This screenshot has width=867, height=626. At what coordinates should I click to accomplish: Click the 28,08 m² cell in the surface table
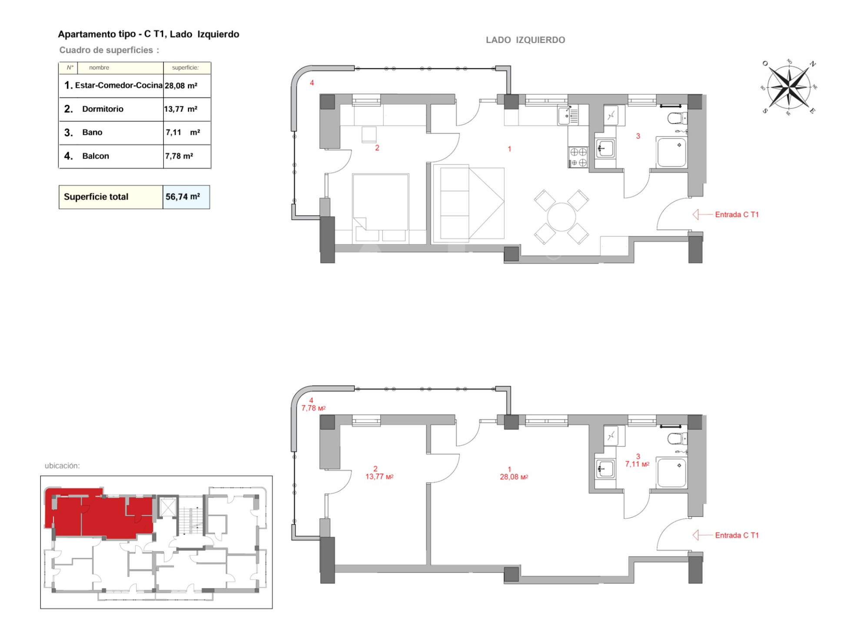pyautogui.click(x=181, y=86)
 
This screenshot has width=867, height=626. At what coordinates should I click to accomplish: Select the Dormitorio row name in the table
pyautogui.click(x=103, y=109)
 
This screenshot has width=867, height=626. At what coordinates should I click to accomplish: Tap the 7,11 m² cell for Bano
pyautogui.click(x=183, y=132)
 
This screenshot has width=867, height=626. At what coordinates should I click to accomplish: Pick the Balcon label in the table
pyautogui.click(x=96, y=156)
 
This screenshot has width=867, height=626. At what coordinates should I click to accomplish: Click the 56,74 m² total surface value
pyautogui.click(x=183, y=196)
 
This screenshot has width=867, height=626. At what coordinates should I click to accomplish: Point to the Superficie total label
pyautogui.click(x=96, y=196)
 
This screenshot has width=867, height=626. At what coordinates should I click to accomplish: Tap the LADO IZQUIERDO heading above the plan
pyautogui.click(x=525, y=40)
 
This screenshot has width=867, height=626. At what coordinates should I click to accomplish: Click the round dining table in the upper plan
pyautogui.click(x=561, y=217)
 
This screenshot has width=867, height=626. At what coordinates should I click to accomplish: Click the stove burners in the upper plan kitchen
pyautogui.click(x=578, y=157)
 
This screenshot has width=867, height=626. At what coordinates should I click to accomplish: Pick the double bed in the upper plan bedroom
pyautogui.click(x=380, y=202)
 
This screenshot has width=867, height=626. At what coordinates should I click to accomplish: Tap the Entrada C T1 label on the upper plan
pyautogui.click(x=737, y=214)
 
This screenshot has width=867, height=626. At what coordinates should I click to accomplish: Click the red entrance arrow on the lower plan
pyautogui.click(x=703, y=535)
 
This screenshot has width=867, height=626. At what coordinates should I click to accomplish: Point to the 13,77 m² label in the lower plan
pyautogui.click(x=379, y=476)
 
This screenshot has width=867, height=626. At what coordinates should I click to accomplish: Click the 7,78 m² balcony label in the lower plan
pyautogui.click(x=313, y=408)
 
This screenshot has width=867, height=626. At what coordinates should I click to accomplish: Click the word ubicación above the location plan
pyautogui.click(x=62, y=466)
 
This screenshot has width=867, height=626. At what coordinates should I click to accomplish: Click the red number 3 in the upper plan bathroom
pyautogui.click(x=638, y=136)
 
